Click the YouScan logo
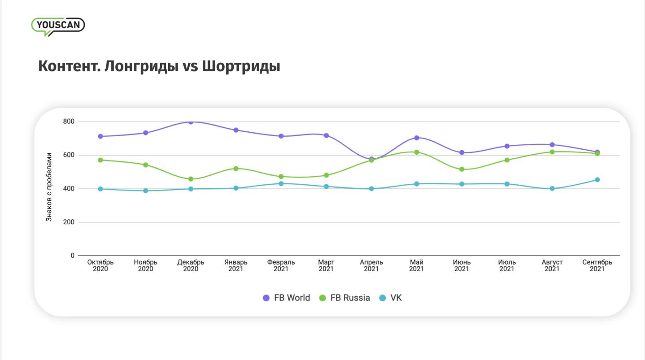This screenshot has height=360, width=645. coord(58,26)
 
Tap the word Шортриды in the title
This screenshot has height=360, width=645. coord(241,66)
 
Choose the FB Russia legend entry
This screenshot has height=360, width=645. coord(344,298)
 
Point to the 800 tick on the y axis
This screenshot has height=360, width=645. coord(69,121)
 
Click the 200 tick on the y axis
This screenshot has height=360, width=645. coord(69,222)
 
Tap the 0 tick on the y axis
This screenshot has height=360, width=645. coord(72,256)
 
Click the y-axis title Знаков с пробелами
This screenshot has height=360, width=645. coord(49,187)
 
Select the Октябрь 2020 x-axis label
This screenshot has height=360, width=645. coord(100,265)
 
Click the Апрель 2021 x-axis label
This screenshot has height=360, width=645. coord(371,265)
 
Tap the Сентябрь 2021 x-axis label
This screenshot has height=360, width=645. coord(597,265)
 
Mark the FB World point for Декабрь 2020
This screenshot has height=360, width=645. coord(191,121)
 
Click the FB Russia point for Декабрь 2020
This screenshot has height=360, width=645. coord(191,179)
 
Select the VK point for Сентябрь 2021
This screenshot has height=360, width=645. coord(597,180)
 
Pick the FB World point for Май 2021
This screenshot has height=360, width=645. coord(417,138)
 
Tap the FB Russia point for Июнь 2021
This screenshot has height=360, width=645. coord(462,169)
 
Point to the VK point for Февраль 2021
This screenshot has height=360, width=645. coord(281,183)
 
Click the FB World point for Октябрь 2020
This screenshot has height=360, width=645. coord(100,136)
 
